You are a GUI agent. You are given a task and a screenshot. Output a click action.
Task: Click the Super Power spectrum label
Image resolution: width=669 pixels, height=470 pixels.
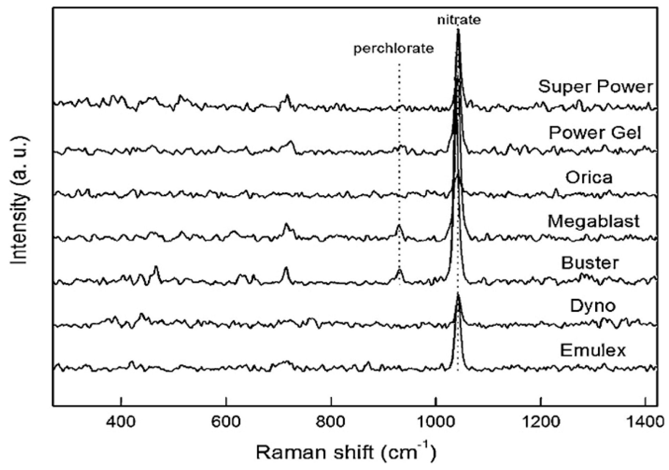tap(595, 86)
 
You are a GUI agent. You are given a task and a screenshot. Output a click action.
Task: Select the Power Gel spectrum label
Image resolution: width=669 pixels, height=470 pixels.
tap(595, 132)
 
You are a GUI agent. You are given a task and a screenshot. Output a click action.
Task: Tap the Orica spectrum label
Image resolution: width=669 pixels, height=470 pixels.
tap(589, 177)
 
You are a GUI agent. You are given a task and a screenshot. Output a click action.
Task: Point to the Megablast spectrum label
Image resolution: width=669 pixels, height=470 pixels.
tap(594, 221)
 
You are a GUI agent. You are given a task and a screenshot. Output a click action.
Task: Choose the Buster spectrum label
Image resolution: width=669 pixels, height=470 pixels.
tap(590, 263)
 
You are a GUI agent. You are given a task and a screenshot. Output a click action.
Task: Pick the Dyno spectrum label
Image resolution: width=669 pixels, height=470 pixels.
tap(592, 306)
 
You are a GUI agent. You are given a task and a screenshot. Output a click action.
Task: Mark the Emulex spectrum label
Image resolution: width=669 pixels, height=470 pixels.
tap(592, 350)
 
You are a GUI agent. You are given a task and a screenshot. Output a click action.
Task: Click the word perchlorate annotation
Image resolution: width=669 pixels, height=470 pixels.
tap(393, 49)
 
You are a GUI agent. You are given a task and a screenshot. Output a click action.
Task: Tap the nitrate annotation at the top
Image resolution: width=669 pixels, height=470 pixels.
tap(459, 20)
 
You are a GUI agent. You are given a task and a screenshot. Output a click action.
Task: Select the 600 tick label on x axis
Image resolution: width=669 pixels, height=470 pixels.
tap(226, 422)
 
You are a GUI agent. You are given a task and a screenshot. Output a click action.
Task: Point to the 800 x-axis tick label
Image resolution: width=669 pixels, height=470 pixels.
tap(331, 422)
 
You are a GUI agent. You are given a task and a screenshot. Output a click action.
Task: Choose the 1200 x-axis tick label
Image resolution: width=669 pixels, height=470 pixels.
tap(541, 422)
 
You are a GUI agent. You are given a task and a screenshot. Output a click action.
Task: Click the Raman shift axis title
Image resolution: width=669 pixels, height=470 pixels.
tap(346, 452)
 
